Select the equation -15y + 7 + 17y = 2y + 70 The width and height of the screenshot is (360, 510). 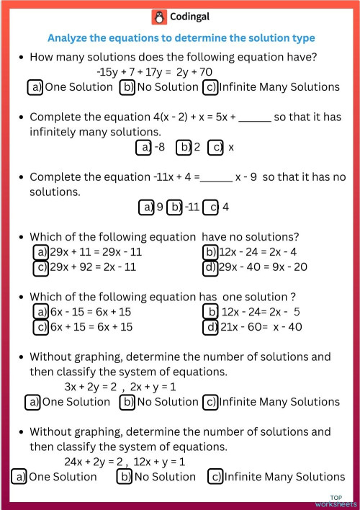(154, 72)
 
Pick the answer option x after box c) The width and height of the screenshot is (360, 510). (231, 148)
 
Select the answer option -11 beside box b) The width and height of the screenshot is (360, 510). (192, 207)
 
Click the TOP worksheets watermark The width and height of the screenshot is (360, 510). (336, 501)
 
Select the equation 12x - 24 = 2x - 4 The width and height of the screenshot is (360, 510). (259, 251)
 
